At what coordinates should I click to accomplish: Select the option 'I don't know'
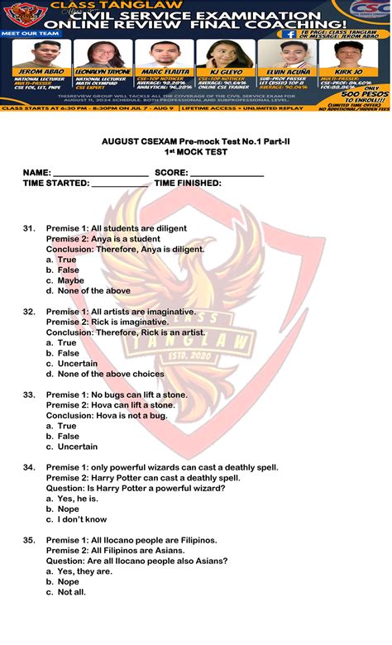click(82, 519)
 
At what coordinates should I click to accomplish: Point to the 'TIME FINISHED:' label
click(188, 183)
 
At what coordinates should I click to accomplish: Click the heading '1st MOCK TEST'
click(195, 153)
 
